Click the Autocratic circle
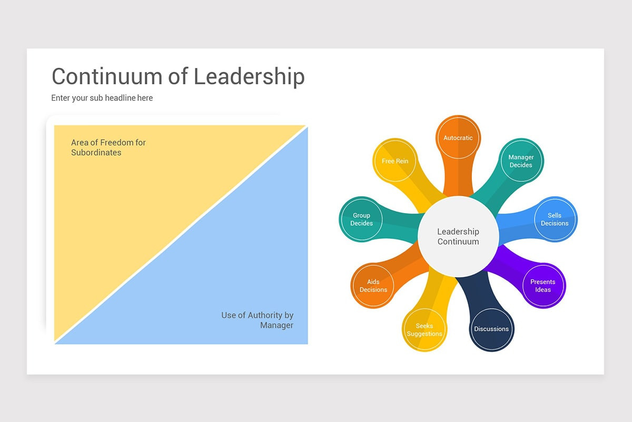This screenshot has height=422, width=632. pyautogui.click(x=458, y=138)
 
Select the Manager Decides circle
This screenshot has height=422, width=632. pyautogui.click(x=521, y=161)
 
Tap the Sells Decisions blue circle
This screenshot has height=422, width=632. pyautogui.click(x=555, y=219)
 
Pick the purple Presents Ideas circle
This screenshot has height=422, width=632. pyautogui.click(x=543, y=285)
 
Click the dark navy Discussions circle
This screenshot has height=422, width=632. pyautogui.click(x=491, y=329)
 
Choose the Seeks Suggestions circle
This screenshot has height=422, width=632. pyautogui.click(x=424, y=330)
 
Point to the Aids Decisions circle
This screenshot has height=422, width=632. pyautogui.click(x=373, y=285)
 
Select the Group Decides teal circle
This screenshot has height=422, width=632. pyautogui.click(x=361, y=219)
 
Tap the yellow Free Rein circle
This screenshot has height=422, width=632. pyautogui.click(x=395, y=161)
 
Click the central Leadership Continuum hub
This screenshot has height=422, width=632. pyautogui.click(x=458, y=236)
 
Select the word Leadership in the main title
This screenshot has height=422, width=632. pyautogui.click(x=249, y=76)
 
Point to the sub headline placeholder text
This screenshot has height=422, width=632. pyautogui.click(x=102, y=98)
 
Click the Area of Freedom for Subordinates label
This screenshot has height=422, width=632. pyautogui.click(x=108, y=147)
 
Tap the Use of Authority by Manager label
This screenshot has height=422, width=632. pyautogui.click(x=257, y=320)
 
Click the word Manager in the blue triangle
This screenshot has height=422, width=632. pyautogui.click(x=276, y=325)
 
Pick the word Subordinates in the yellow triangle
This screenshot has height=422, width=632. pyautogui.click(x=96, y=152)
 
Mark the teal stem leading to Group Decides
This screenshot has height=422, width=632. pyautogui.click(x=400, y=224)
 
